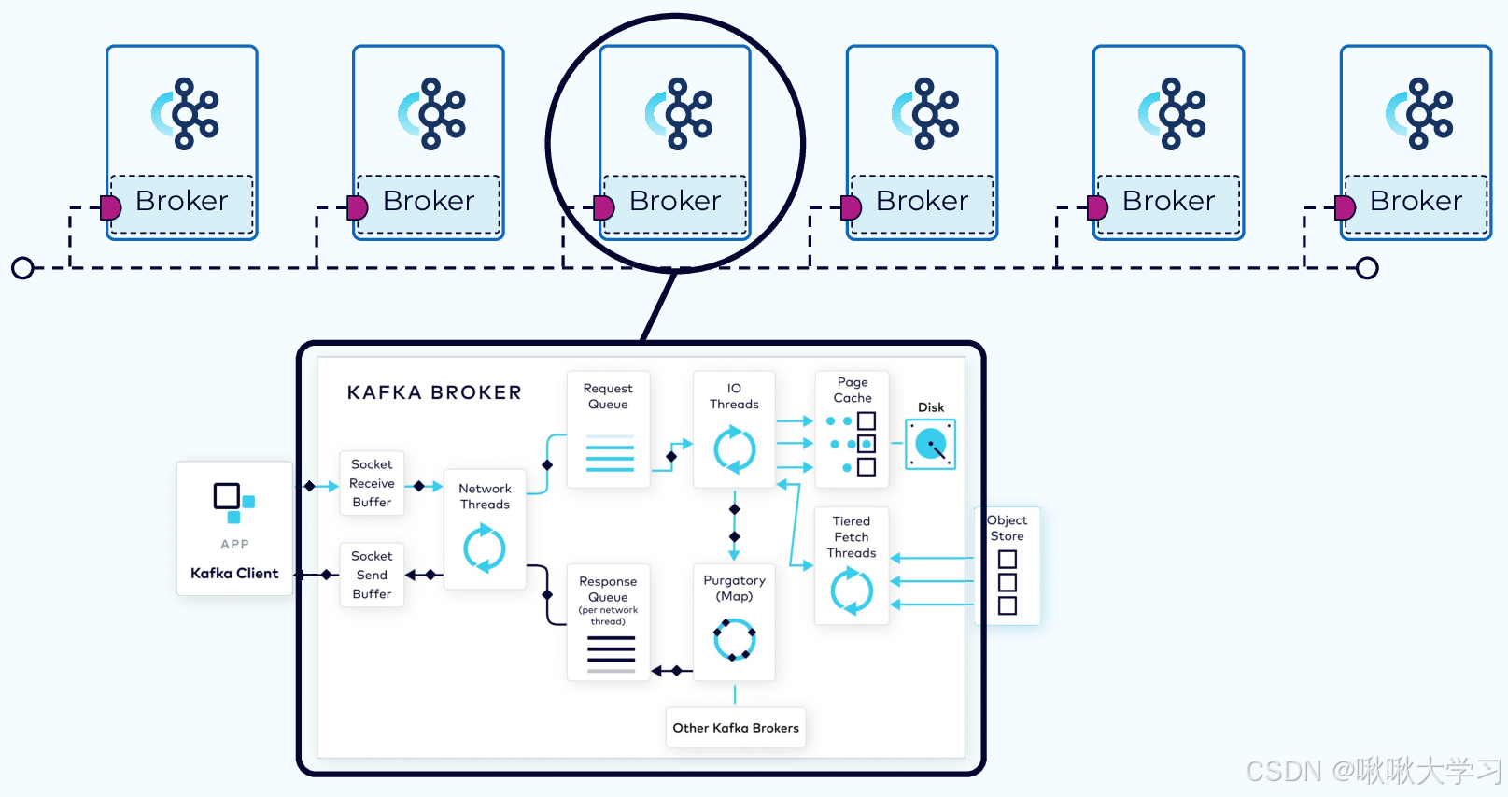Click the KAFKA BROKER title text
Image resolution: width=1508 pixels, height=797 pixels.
click(434, 392)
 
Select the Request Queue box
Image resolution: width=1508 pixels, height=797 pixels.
click(608, 429)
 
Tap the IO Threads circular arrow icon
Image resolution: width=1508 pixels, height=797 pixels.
click(734, 449)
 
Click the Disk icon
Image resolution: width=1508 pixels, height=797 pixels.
click(930, 444)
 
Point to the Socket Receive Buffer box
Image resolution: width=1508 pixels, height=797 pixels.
click(372, 483)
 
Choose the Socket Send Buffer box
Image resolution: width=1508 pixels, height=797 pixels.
click(372, 575)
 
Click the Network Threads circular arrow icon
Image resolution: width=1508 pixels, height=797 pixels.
click(485, 548)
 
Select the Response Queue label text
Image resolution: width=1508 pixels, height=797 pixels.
click(608, 589)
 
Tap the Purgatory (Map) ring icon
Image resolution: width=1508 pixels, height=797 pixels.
click(734, 640)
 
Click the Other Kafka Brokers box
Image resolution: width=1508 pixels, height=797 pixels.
click(736, 728)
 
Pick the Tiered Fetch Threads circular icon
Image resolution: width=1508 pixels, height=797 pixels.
click(852, 591)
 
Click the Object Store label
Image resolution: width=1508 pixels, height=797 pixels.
click(1007, 528)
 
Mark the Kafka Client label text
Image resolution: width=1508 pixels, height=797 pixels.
click(234, 574)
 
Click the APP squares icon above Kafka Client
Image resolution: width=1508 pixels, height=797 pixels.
click(233, 502)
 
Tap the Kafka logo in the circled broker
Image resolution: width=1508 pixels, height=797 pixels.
click(679, 114)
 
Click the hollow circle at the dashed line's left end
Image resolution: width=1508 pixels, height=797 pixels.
click(22, 268)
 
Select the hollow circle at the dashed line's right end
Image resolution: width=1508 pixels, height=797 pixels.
click(1367, 268)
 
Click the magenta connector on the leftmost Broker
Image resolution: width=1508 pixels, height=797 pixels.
click(111, 207)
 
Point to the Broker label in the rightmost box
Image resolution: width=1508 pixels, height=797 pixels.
click(1416, 201)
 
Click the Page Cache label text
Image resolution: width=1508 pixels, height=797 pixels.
click(853, 390)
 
